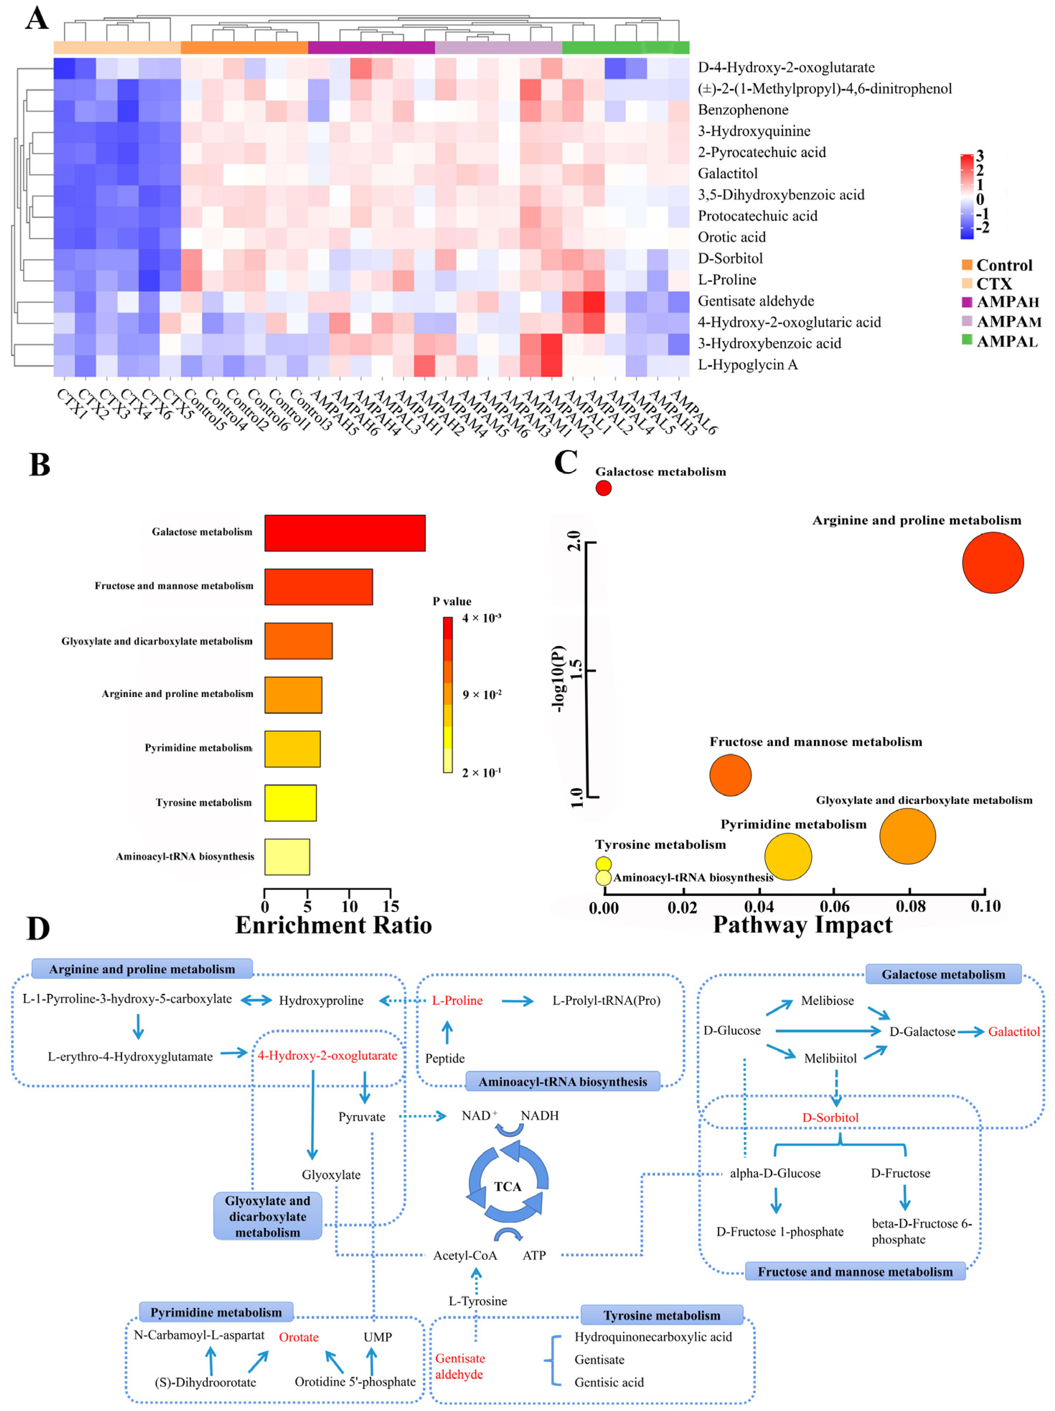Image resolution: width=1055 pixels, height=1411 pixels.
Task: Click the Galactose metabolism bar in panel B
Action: tap(344, 533)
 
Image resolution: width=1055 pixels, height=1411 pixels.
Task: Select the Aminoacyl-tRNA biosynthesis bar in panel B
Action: tap(287, 856)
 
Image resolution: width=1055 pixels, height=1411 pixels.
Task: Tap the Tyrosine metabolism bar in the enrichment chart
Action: tap(290, 802)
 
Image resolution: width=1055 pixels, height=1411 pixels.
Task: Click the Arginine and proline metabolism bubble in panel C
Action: tap(993, 563)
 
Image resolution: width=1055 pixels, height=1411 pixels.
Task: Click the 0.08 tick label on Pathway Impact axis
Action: tap(910, 906)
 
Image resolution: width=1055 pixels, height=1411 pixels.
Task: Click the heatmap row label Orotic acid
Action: tap(731, 237)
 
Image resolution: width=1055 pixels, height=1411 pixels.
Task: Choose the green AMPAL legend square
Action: tap(966, 340)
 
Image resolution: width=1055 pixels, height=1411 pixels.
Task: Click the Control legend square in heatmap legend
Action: tap(966, 265)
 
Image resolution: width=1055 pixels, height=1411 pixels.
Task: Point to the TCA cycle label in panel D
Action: tap(508, 1186)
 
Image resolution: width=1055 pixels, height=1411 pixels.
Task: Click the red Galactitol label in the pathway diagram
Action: tap(1013, 1032)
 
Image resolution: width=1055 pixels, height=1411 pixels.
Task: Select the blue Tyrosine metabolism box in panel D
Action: tap(661, 1315)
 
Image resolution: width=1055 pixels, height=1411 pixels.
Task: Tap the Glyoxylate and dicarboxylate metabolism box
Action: tap(267, 1217)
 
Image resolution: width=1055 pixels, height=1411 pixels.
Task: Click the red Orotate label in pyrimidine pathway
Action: tap(298, 1337)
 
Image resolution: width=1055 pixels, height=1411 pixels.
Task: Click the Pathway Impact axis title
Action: tap(802, 925)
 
